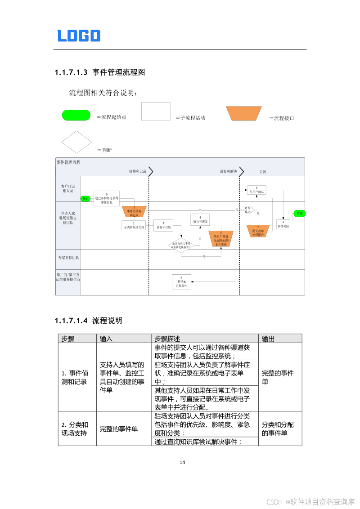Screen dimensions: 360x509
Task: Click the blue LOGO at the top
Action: point(79,36)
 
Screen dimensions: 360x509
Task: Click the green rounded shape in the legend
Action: point(76,115)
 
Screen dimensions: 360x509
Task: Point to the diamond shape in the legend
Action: point(76,142)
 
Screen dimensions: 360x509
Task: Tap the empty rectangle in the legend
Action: point(156,112)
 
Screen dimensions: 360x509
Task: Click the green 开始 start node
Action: point(85,198)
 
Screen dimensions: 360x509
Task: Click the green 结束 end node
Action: point(299,213)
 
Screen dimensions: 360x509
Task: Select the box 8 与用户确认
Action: point(256,190)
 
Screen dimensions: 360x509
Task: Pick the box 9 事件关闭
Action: point(283,224)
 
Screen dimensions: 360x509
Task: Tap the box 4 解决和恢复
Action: point(200,219)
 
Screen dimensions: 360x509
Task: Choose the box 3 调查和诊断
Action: point(163,225)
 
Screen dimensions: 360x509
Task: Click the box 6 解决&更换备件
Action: point(181,282)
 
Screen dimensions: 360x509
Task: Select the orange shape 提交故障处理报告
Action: point(258,231)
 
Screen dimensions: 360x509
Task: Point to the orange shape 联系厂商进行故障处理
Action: point(221,239)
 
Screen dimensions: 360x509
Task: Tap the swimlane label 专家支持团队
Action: point(68,258)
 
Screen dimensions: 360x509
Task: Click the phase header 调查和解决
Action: point(228,172)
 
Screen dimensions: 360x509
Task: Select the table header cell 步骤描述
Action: point(167,339)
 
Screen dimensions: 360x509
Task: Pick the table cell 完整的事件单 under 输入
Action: point(119,429)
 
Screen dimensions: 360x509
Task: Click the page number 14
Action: point(182,462)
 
